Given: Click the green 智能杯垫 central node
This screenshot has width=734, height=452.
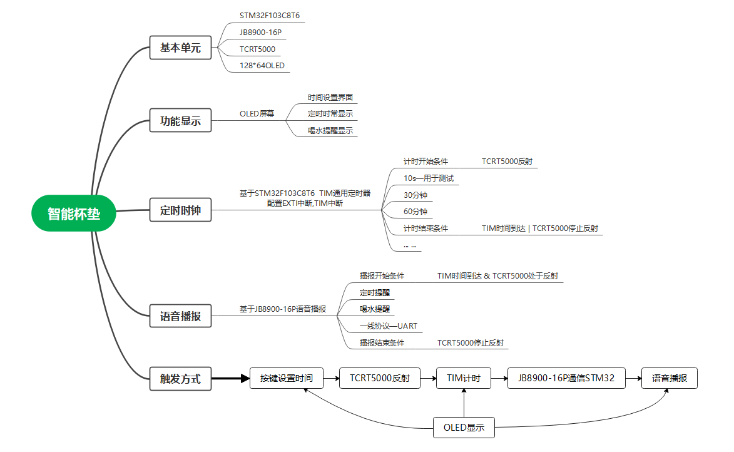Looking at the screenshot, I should (74, 213).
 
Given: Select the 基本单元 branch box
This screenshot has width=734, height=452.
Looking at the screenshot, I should (180, 48).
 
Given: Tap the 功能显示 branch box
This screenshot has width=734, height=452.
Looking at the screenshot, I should (180, 121).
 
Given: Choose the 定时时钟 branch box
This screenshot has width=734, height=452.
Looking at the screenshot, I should (180, 210).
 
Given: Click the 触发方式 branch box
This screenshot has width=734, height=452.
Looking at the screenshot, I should (180, 378).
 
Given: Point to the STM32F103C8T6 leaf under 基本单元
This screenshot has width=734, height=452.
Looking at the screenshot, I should (265, 16).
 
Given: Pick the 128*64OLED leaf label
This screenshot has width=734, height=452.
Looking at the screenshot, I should (262, 65).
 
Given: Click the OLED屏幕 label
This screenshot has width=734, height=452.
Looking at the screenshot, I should (257, 114).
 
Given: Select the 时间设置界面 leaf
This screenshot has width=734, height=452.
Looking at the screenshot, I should (330, 98).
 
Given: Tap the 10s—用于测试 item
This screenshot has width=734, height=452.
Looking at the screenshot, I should (428, 178).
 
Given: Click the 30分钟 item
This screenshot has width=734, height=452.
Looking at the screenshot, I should (415, 195).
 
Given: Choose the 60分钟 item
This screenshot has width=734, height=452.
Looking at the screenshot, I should (415, 212).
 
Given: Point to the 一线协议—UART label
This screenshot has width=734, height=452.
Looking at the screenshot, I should (388, 326).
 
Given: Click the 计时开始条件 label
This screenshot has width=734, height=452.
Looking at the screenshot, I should (426, 162).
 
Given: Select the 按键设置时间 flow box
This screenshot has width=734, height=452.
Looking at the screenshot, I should (286, 378).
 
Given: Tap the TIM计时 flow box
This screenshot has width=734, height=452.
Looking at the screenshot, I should (463, 378).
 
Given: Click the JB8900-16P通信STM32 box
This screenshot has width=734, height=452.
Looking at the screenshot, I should (566, 378).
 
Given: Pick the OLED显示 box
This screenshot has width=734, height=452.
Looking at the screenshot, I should (464, 428).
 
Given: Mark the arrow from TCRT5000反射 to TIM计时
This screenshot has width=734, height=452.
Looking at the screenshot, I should (427, 378).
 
